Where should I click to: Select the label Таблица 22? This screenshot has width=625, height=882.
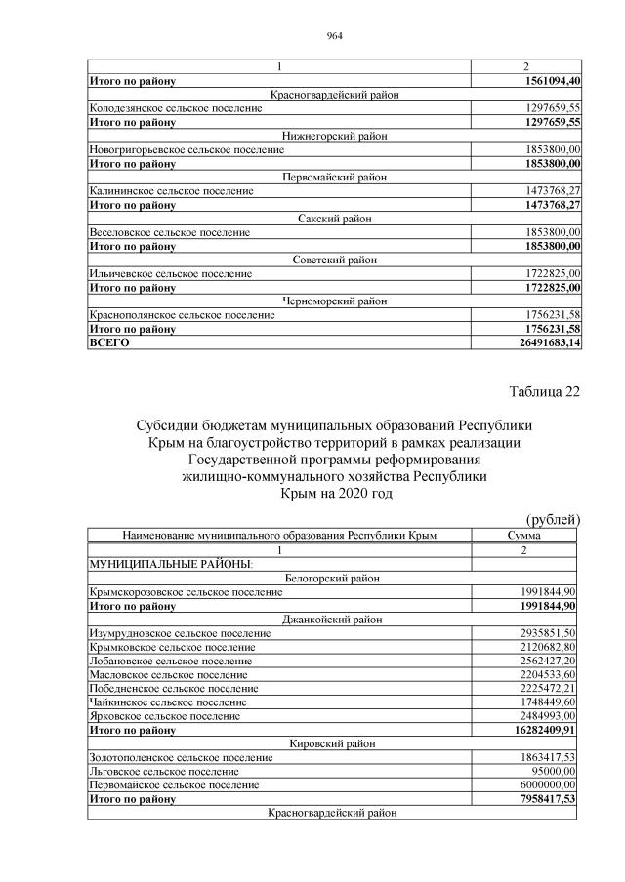(x=545, y=391)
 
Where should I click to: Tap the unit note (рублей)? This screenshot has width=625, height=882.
(x=554, y=519)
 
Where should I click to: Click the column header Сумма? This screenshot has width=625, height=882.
(x=525, y=536)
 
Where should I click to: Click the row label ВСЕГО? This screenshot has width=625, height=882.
(x=109, y=343)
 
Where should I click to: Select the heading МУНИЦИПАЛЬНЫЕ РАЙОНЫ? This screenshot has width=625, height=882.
(x=171, y=564)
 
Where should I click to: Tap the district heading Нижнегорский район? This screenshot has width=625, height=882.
(x=334, y=137)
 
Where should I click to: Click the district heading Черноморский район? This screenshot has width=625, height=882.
(x=334, y=301)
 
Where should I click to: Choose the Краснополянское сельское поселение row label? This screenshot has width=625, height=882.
(x=182, y=315)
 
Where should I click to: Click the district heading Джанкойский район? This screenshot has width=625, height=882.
(x=334, y=620)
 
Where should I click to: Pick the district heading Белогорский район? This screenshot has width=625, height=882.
(x=334, y=578)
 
